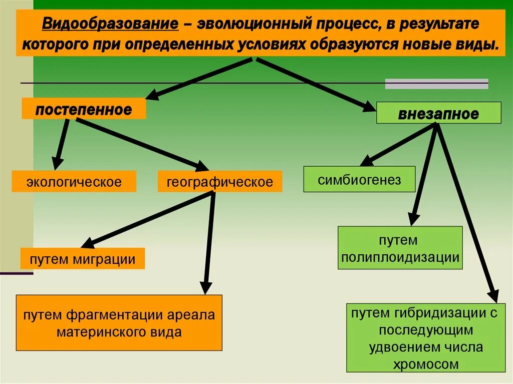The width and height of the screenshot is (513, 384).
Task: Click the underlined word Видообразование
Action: click(110, 24)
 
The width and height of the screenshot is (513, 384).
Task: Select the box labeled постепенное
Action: click(84, 109)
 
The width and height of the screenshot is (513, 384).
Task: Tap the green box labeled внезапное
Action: click(438, 113)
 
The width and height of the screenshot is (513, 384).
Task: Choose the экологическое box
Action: click(74, 181)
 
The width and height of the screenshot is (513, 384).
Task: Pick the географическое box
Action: click(220, 181)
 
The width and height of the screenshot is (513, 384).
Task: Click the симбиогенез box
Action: click(359, 179)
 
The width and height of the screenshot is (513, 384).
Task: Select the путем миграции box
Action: click(82, 259)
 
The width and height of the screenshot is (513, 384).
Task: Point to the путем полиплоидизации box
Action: click(400, 248)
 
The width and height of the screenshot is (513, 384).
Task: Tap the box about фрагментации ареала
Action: click(119, 323)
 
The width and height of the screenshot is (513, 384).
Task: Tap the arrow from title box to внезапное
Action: click(316, 83)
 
